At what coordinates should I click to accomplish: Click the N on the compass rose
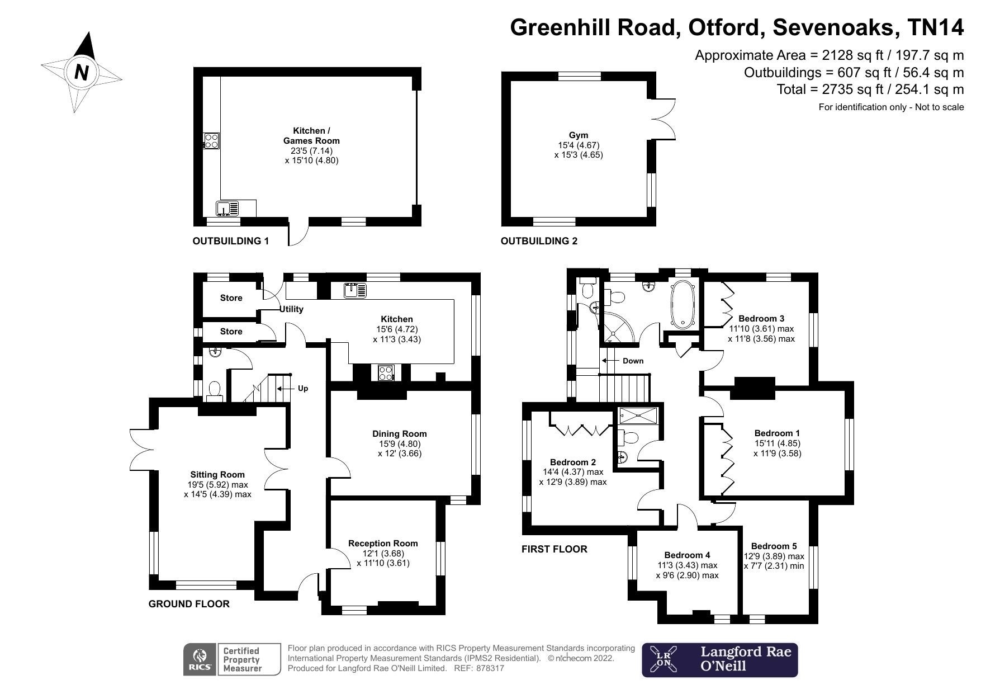[x=82, y=72]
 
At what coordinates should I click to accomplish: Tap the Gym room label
[x=579, y=135]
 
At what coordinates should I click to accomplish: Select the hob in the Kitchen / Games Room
[x=211, y=140]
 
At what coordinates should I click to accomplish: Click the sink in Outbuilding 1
[x=228, y=208]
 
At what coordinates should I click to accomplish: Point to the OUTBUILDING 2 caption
[x=539, y=241]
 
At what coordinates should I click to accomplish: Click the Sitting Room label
[x=217, y=475]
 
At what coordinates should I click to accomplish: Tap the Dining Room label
[x=399, y=434]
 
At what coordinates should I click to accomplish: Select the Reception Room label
[x=383, y=543]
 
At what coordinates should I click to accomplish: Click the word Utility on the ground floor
[x=291, y=309]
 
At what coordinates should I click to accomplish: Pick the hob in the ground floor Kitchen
[x=385, y=372]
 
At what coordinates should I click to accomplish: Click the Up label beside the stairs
[x=302, y=388]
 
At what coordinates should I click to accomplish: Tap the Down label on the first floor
[x=633, y=361]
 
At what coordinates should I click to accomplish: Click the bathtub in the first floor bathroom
[x=683, y=304]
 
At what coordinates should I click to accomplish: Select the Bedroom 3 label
[x=761, y=319]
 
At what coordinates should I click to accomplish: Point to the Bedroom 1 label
[x=777, y=433]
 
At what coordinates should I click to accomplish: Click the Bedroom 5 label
[x=774, y=546]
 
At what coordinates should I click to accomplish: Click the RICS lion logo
[x=200, y=659]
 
